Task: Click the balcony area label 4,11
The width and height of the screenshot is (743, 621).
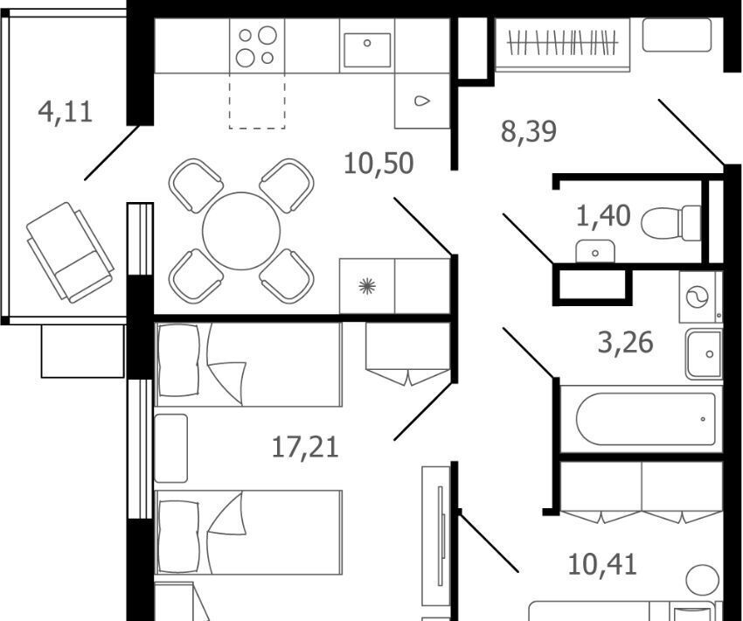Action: coord(66,112)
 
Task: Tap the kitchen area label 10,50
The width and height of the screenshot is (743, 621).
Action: coord(378,163)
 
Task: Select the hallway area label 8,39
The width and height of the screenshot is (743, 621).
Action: coord(528,131)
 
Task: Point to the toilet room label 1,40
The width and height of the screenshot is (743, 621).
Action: coord(603,216)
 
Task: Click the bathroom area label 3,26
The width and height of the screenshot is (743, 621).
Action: coord(626,342)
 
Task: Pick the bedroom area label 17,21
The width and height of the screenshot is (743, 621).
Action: coord(306,448)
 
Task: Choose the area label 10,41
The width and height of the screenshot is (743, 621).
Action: coord(602,565)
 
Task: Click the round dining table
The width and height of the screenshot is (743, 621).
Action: coord(241,230)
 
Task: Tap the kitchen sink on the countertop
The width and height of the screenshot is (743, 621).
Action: coord(367,50)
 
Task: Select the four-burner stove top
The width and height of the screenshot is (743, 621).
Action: coord(257,46)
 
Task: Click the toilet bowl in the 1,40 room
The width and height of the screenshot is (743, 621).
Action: coord(671,223)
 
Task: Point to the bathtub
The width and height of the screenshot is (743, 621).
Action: coord(646,419)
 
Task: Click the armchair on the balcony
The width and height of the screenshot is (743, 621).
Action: coord(70,252)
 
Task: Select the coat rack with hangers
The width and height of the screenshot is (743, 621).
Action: coord(562,44)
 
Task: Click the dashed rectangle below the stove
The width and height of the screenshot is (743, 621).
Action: coord(257,101)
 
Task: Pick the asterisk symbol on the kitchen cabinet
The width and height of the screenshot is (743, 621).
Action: coord(367,286)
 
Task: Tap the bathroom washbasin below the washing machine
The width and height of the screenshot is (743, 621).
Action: coord(705,353)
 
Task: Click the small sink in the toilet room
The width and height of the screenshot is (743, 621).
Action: coord(595,251)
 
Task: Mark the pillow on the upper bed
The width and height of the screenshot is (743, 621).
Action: coord(178,360)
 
